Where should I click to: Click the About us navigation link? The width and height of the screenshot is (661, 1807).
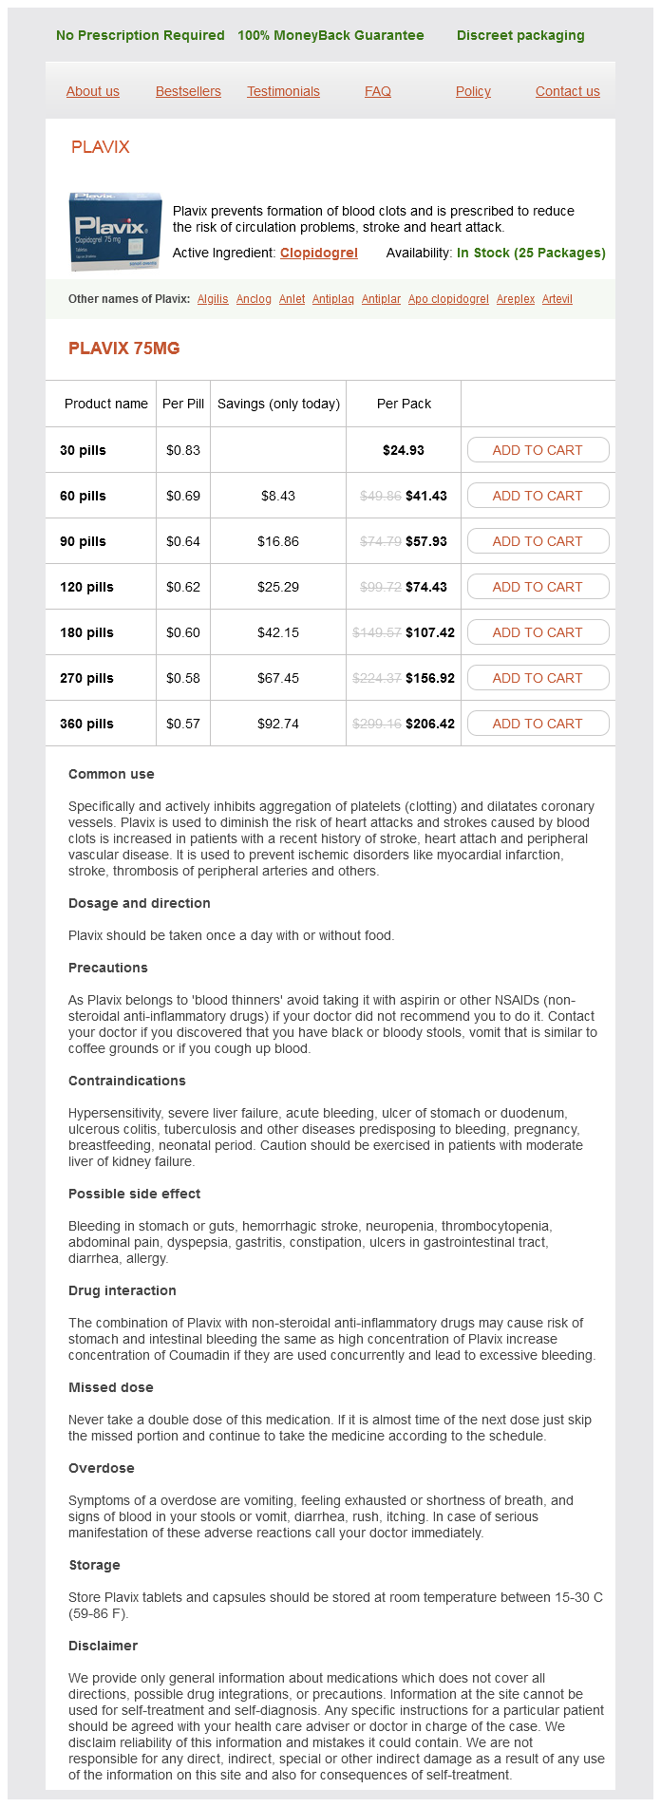pyautogui.click(x=93, y=91)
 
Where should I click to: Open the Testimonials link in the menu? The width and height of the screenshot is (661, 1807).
pyautogui.click(x=283, y=91)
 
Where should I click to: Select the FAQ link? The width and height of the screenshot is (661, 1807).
pyautogui.click(x=378, y=91)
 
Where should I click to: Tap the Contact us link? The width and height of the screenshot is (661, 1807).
pyautogui.click(x=567, y=91)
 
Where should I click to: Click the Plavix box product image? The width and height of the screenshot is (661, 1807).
pyautogui.click(x=115, y=231)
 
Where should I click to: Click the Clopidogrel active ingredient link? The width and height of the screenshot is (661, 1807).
pyautogui.click(x=319, y=253)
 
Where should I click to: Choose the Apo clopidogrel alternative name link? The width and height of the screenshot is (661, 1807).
pyautogui.click(x=448, y=299)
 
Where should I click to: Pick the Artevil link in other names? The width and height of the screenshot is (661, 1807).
pyautogui.click(x=557, y=299)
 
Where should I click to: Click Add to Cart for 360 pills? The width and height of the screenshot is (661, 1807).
pyautogui.click(x=538, y=724)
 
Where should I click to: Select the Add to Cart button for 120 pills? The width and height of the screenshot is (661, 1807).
pyautogui.click(x=538, y=587)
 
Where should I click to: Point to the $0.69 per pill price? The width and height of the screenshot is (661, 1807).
pyautogui.click(x=183, y=496)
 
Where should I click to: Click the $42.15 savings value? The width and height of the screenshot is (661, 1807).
pyautogui.click(x=278, y=632)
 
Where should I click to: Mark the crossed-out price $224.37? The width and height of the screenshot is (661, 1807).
pyautogui.click(x=377, y=678)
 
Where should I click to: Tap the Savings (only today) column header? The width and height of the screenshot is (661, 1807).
pyautogui.click(x=278, y=404)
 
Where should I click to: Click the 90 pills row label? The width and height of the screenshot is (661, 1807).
pyautogui.click(x=83, y=541)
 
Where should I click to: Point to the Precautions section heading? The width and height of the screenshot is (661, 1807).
pyautogui.click(x=108, y=968)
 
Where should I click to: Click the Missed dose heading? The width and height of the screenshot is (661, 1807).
pyautogui.click(x=111, y=1387)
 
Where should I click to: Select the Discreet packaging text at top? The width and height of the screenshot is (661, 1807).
pyautogui.click(x=520, y=35)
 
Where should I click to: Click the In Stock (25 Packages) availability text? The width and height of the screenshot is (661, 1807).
pyautogui.click(x=531, y=253)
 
